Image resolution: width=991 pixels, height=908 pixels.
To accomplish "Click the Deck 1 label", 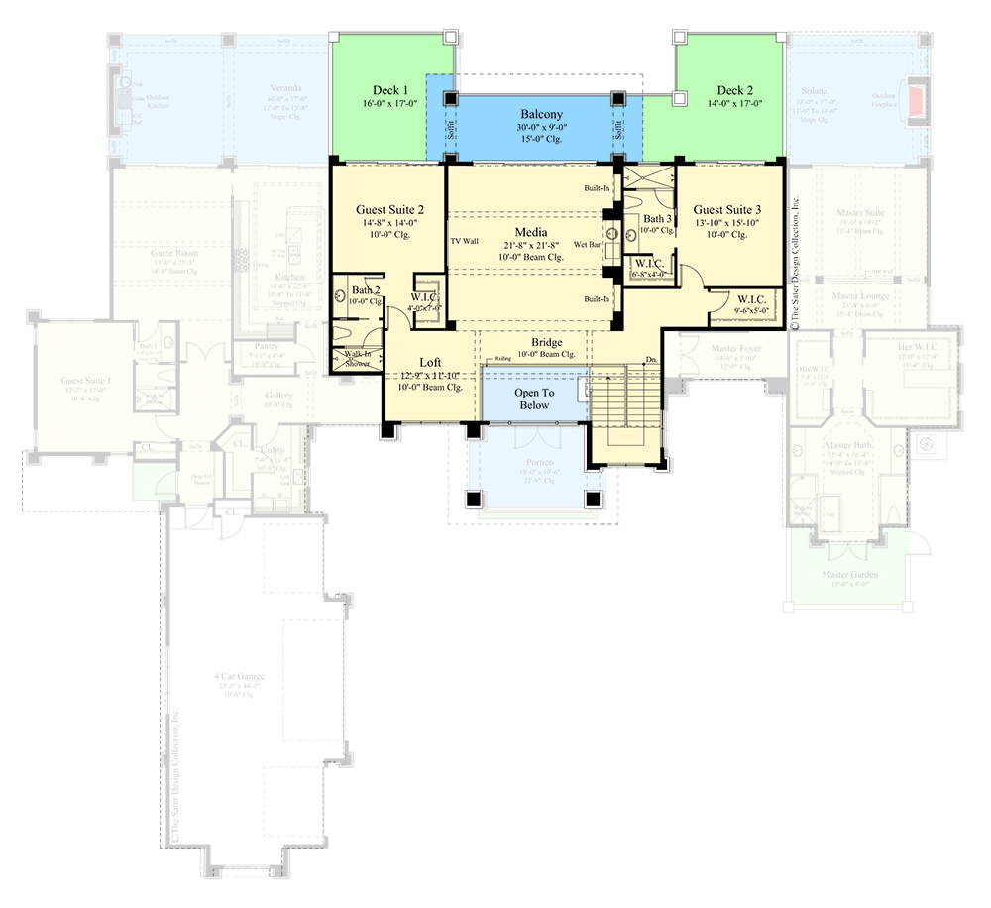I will point(391,89).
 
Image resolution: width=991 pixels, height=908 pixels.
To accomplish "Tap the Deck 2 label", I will point(736,89).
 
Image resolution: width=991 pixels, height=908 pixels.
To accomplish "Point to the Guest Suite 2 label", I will point(390,210).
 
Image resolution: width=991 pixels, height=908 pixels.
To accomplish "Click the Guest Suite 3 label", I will point(726,210).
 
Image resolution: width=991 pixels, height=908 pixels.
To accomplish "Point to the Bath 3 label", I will point(658,219).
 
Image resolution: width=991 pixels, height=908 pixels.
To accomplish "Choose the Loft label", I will point(430,363).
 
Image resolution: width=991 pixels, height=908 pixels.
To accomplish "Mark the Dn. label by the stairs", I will point(650,359).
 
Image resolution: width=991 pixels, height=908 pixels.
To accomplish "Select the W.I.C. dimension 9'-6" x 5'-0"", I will point(752,309).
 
